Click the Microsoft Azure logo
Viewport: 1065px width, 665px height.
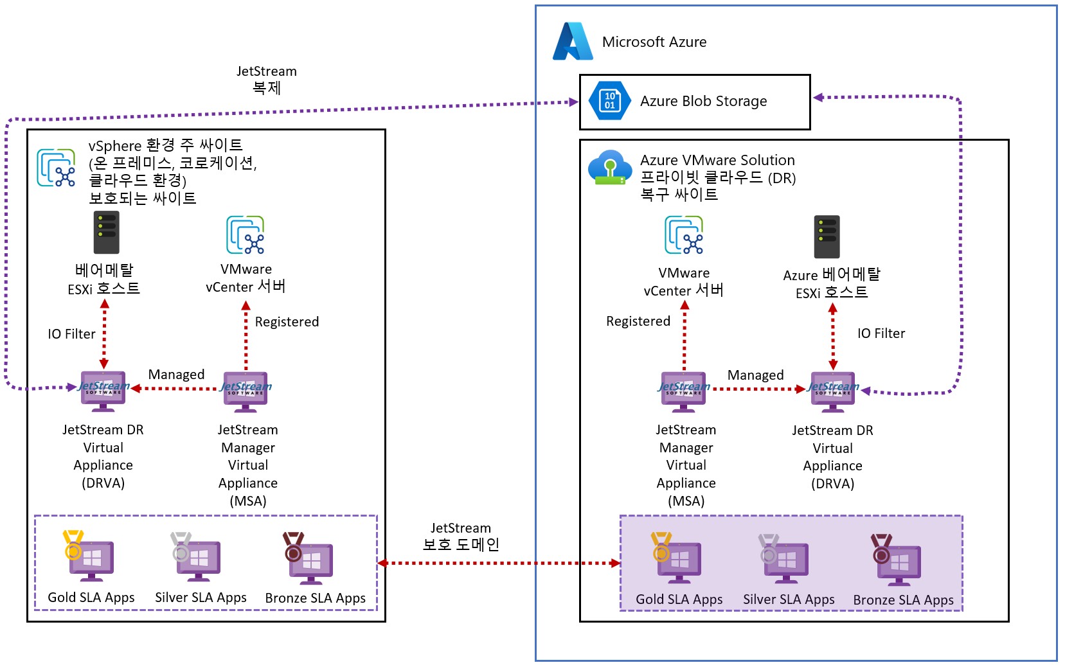click(x=572, y=42)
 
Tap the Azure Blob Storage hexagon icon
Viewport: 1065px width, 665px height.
click(x=609, y=101)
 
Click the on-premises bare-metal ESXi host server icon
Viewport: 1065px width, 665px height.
click(x=106, y=233)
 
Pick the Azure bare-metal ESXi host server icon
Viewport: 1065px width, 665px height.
click(x=827, y=237)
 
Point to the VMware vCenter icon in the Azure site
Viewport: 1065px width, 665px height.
click(x=684, y=235)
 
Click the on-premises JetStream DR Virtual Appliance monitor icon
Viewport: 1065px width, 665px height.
click(x=103, y=390)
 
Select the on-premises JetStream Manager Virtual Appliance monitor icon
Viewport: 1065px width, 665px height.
click(x=246, y=391)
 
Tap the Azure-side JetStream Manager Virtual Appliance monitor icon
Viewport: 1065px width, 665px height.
click(x=683, y=391)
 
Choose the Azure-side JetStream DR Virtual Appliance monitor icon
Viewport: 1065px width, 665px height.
click(x=832, y=391)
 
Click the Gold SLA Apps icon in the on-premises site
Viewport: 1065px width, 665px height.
click(x=89, y=556)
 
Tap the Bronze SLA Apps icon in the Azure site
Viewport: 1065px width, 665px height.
click(x=896, y=559)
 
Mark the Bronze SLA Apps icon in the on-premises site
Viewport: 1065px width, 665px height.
click(x=309, y=557)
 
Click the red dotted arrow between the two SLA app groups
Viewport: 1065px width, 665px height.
click(x=499, y=563)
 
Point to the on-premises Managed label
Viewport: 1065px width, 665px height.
click(x=176, y=375)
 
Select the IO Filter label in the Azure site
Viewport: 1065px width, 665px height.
click(x=881, y=333)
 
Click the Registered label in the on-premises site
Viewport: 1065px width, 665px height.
click(x=287, y=322)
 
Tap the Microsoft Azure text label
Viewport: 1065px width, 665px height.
click(x=654, y=42)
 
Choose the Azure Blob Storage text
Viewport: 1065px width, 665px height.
click(x=703, y=102)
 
